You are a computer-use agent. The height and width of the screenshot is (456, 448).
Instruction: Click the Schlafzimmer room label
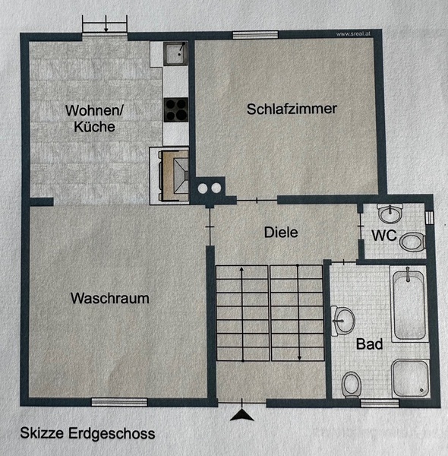coord(292,109)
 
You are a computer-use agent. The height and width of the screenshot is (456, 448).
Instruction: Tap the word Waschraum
coord(110,299)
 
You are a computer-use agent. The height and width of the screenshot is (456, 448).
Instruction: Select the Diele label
coord(281,233)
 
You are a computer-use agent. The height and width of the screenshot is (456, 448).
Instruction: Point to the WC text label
coord(384,236)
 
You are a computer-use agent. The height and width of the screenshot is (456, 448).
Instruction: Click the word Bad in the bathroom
coord(369,344)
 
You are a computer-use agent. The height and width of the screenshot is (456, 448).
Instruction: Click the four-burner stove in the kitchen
coord(175,109)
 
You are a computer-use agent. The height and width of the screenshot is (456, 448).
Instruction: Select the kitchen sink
coord(175,53)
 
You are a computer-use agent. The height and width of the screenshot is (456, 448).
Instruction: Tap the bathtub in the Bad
coord(409,304)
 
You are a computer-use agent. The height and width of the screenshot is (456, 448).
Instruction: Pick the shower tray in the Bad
coord(410,378)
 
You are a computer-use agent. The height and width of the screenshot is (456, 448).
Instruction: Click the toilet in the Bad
coord(352,385)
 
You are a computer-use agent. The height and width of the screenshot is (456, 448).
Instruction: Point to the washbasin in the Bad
coord(342,321)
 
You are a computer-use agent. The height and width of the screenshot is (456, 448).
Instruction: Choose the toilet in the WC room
coord(412,242)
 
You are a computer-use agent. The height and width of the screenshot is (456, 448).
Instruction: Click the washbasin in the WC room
coord(390,214)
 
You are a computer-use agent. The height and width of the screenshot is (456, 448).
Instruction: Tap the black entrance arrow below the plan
coord(242,415)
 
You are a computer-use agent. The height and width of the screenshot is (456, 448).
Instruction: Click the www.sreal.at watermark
coord(353,34)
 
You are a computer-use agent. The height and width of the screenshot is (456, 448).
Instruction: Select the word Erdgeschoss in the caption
coord(112,433)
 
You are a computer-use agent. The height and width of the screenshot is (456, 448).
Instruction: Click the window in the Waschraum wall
coord(119,402)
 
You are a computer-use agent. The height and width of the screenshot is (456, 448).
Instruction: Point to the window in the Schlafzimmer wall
coord(255,35)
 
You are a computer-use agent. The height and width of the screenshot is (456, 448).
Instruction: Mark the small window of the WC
coord(429,217)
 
